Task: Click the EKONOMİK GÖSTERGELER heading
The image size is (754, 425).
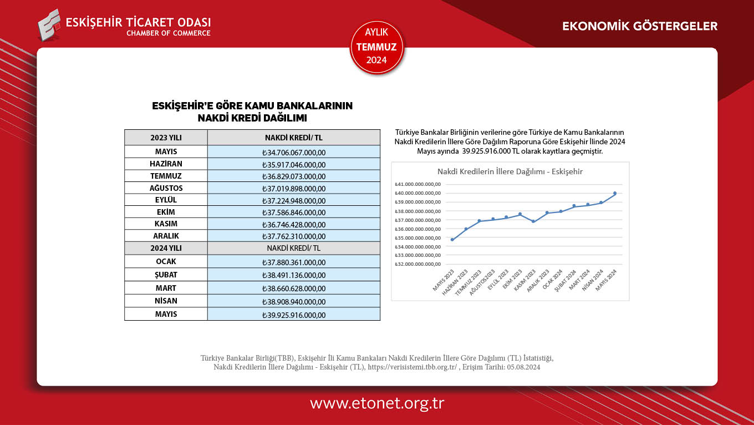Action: coord(640,26)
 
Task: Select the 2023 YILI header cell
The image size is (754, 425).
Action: coord(166,138)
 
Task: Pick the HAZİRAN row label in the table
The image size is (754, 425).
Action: coord(166,164)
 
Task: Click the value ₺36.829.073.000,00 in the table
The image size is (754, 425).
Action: coord(294,176)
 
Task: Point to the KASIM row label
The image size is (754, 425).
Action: coord(166,224)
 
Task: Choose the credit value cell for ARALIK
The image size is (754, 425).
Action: coord(294,236)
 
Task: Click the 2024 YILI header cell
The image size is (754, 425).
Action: coord(166,248)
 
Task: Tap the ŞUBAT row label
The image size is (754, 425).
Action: coord(166,274)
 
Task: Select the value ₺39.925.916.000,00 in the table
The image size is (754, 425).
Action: coord(294,315)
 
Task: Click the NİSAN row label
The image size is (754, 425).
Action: coord(166,301)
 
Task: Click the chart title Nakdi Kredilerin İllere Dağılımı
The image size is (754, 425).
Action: coord(510,171)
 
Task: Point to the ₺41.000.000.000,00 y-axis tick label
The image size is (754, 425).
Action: coord(417,184)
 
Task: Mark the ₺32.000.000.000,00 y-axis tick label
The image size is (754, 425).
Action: coord(417,264)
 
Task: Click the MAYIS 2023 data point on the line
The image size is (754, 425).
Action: coord(452,240)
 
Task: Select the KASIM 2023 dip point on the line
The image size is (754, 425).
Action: coord(533,221)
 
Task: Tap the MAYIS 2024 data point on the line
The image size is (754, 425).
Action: coord(615,193)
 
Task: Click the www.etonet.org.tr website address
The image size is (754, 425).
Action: coord(377,403)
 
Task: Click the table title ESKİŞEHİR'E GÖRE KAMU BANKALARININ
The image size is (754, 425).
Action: coord(252,106)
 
